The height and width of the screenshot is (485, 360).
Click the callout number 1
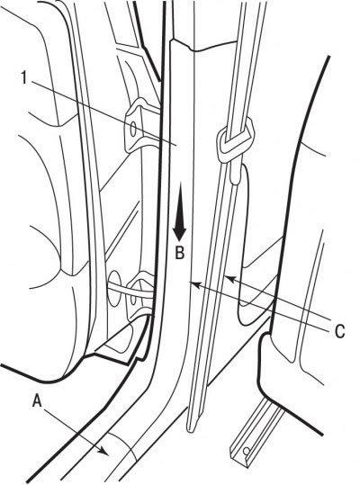point(24,77)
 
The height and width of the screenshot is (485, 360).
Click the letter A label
point(37,401)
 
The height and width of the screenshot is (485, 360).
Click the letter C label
point(339,331)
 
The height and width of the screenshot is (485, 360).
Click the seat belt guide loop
point(235,140)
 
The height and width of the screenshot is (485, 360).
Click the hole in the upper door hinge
point(133,130)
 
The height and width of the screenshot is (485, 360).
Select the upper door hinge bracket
point(141,125)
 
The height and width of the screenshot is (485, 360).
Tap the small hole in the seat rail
point(247,452)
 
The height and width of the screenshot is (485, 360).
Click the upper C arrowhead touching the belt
point(229,279)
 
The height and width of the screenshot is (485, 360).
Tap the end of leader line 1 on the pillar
point(176,144)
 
